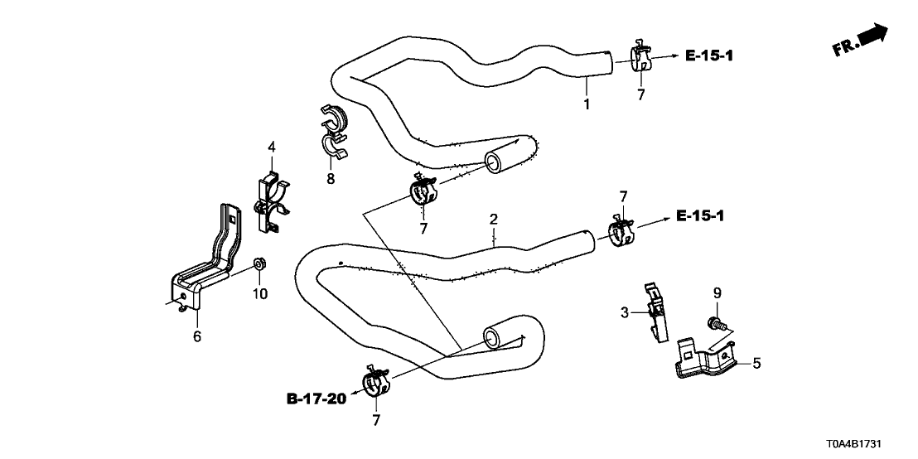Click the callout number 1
(x=587, y=104)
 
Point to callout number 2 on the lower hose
(x=494, y=220)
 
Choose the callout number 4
(x=271, y=148)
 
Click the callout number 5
(x=756, y=363)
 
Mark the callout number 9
(x=718, y=292)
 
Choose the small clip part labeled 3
(x=657, y=310)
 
